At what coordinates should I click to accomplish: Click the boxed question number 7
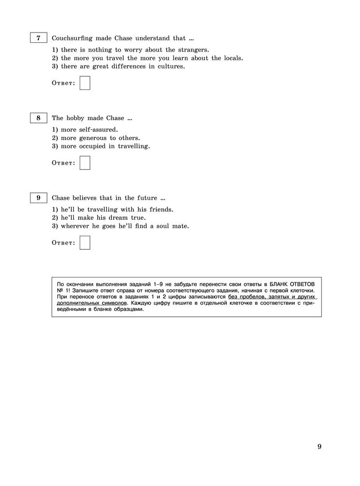[38, 38]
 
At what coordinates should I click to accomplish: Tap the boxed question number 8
[38, 118]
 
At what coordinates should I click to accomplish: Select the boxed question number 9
[38, 198]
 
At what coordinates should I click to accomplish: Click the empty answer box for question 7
[85, 83]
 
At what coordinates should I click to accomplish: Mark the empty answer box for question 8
[85, 163]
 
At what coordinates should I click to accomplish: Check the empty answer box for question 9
[85, 242]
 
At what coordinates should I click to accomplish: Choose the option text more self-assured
[90, 130]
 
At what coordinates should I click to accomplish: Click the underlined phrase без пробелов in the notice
[247, 296]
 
